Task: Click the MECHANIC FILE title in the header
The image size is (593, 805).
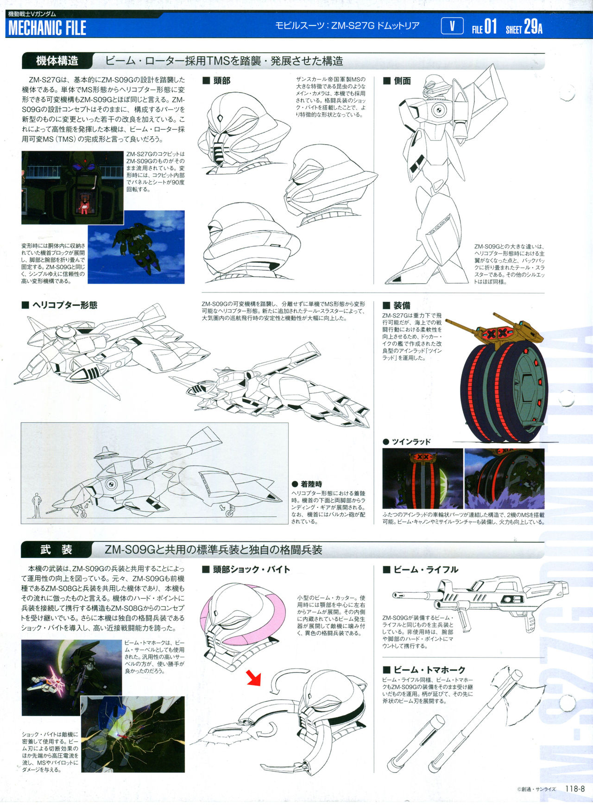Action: tap(47, 28)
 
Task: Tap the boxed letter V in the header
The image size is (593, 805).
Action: tap(452, 26)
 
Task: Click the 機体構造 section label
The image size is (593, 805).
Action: tap(57, 61)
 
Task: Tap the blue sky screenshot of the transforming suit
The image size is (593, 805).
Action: tap(136, 247)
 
